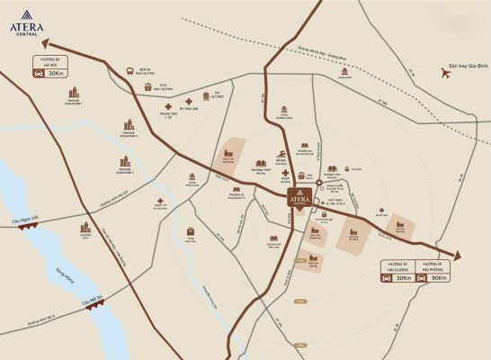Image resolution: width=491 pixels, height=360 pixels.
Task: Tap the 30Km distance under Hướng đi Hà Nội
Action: pyautogui.click(x=56, y=73)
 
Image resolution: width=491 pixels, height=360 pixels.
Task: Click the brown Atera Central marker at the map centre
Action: pyautogui.click(x=299, y=200)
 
